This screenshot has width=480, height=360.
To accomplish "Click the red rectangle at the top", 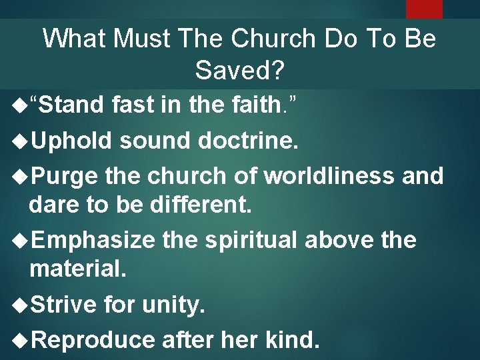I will [424, 8].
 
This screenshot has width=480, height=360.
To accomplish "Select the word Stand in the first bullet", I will [73, 105].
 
